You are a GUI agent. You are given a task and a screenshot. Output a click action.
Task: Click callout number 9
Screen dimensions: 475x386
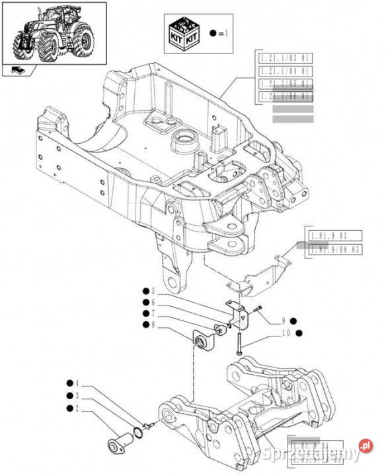(283, 321)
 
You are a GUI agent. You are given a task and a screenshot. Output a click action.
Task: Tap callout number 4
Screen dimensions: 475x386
(77, 383)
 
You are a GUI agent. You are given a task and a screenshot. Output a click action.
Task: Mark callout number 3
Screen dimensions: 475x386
(77, 396)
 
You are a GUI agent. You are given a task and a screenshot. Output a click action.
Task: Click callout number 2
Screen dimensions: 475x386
(77, 409)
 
